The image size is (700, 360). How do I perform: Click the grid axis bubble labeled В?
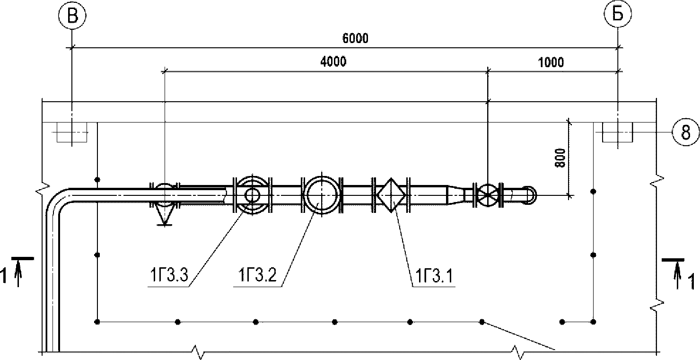click(72, 15)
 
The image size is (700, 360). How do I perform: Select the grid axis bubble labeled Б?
click(618, 14)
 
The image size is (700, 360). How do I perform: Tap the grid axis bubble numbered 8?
click(686, 132)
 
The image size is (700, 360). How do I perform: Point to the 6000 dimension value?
click(355, 38)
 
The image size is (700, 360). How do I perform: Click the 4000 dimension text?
click(333, 61)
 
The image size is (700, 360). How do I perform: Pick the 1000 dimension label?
click(551, 62)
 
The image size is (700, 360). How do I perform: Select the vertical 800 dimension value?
click(560, 158)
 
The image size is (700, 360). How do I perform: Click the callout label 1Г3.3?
click(169, 275)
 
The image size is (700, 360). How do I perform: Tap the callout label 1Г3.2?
click(257, 275)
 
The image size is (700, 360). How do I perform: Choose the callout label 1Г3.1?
click(434, 276)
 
